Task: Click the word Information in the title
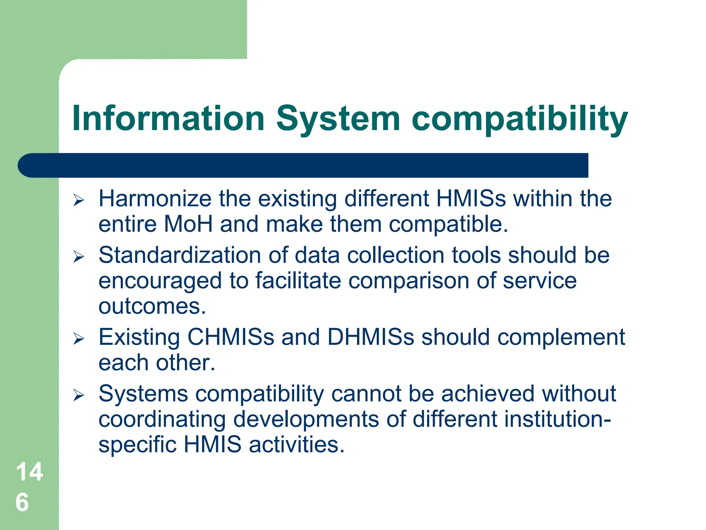click(x=168, y=118)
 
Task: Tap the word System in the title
click(x=338, y=118)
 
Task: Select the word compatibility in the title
click(x=520, y=118)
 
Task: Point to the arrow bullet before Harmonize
click(x=79, y=200)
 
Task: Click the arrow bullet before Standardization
click(x=79, y=257)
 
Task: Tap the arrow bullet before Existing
click(x=79, y=338)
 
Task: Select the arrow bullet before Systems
click(x=79, y=395)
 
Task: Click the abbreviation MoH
click(x=188, y=224)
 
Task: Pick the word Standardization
click(x=180, y=255)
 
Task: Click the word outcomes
click(x=152, y=306)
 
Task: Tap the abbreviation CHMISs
click(x=231, y=337)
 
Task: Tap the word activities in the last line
click(x=296, y=444)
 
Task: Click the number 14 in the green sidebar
click(x=29, y=471)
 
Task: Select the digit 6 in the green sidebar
click(x=22, y=502)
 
